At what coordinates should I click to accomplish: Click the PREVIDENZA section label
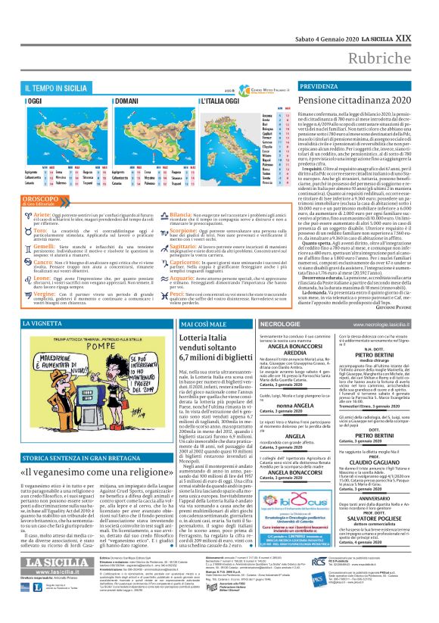[299, 87]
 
